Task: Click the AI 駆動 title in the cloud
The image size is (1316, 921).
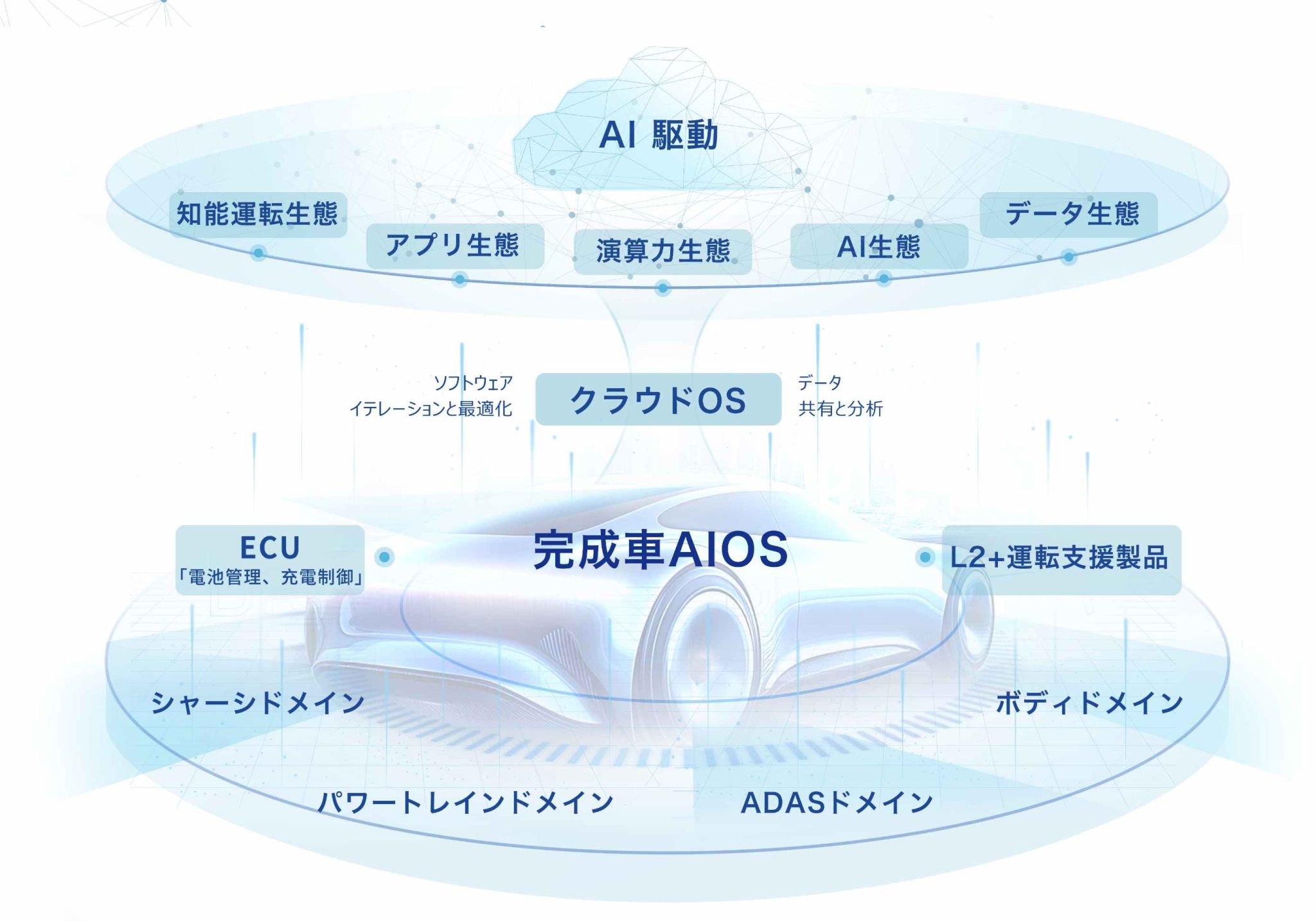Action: click(658, 136)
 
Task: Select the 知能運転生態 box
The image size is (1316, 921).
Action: click(258, 214)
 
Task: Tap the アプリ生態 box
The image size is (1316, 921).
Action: click(454, 246)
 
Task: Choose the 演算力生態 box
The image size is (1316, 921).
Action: click(662, 251)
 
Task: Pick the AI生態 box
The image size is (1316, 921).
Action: click(878, 246)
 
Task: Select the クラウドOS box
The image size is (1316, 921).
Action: click(658, 399)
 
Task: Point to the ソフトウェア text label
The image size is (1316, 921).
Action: click(473, 383)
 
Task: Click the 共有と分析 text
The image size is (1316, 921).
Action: click(840, 409)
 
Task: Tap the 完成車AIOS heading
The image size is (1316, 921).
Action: click(660, 550)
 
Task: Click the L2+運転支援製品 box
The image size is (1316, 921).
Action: click(1061, 559)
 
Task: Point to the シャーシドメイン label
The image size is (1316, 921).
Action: click(258, 702)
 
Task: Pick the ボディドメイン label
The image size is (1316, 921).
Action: click(1089, 702)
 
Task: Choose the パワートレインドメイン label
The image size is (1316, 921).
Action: click(466, 803)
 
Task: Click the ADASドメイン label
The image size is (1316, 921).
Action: click(837, 803)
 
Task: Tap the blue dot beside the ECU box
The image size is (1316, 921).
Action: click(385, 557)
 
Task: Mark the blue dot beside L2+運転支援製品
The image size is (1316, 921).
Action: click(925, 557)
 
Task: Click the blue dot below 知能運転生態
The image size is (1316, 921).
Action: click(258, 253)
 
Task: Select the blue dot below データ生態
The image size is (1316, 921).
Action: click(1068, 257)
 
